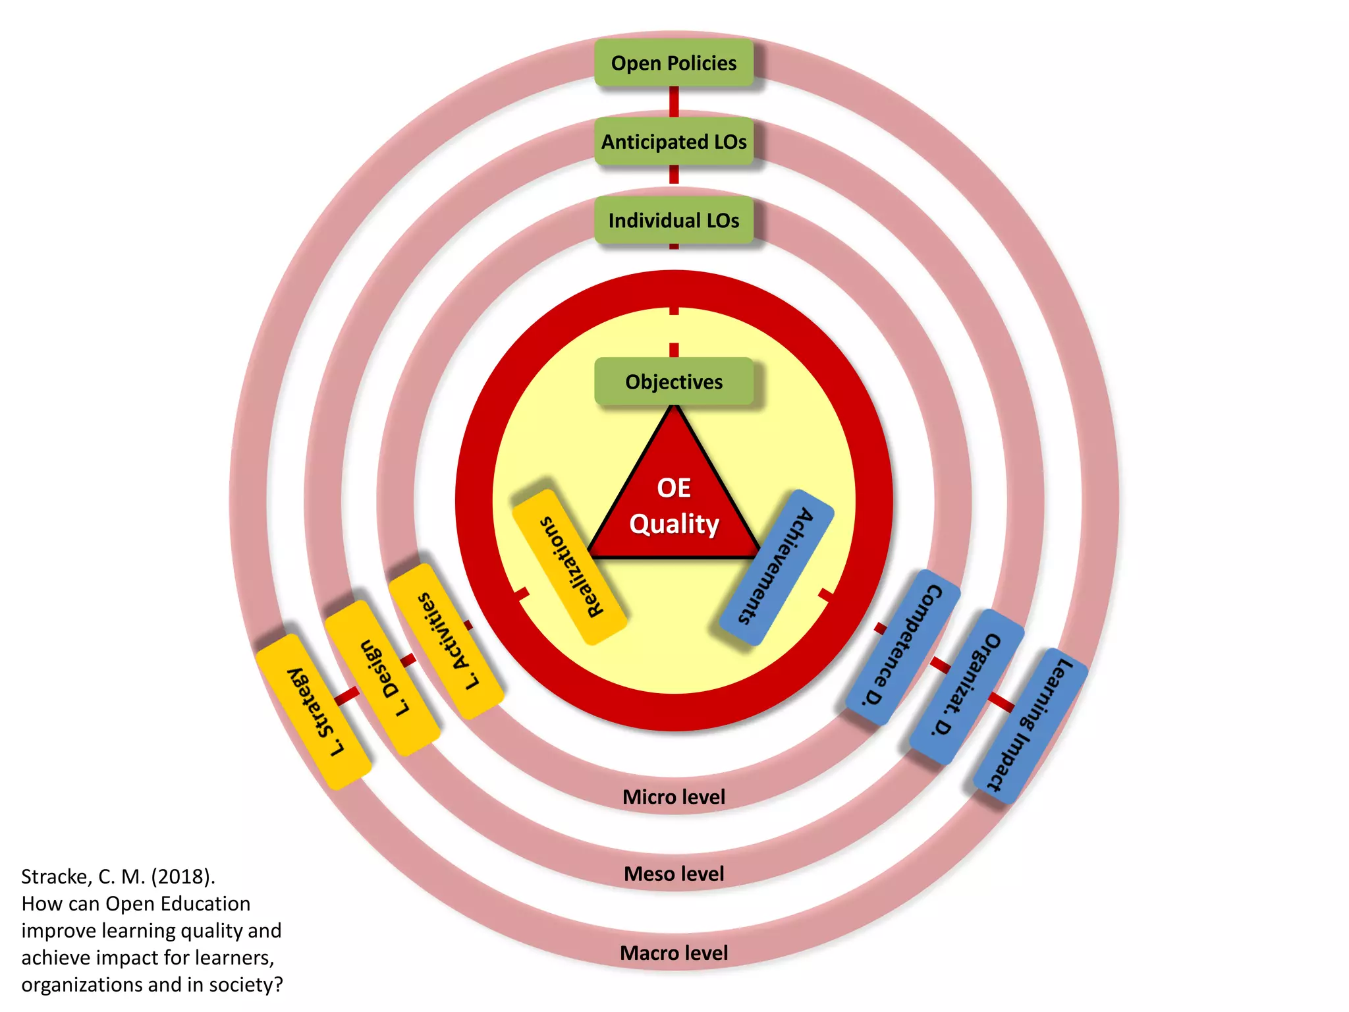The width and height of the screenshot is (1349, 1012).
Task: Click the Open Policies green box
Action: [x=673, y=63]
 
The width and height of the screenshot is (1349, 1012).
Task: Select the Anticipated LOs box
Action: [x=673, y=142]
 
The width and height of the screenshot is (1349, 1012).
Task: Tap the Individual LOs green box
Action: [x=673, y=220]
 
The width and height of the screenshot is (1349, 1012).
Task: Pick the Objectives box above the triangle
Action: [x=673, y=381]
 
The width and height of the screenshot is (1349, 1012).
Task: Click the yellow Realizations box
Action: [x=569, y=567]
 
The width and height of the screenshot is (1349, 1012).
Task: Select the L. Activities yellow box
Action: [x=447, y=641]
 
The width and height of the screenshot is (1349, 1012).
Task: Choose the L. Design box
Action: [x=383, y=678]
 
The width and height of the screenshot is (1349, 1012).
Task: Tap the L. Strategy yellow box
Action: [x=314, y=712]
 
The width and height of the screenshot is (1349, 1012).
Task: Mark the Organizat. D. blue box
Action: [x=966, y=687]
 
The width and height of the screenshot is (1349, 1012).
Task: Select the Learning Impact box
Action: [x=1030, y=725]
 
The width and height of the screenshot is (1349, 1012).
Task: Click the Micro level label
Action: [x=673, y=797]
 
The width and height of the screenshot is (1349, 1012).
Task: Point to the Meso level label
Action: [x=673, y=874]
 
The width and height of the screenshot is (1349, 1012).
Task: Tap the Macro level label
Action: [x=673, y=953]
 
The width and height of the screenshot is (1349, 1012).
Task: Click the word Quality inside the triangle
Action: [x=673, y=524]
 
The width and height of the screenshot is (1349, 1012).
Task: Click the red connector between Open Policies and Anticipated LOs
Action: [x=673, y=102]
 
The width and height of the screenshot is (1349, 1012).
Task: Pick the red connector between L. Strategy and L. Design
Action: [x=347, y=695]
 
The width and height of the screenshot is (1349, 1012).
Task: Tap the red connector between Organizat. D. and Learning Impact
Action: [x=1001, y=702]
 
